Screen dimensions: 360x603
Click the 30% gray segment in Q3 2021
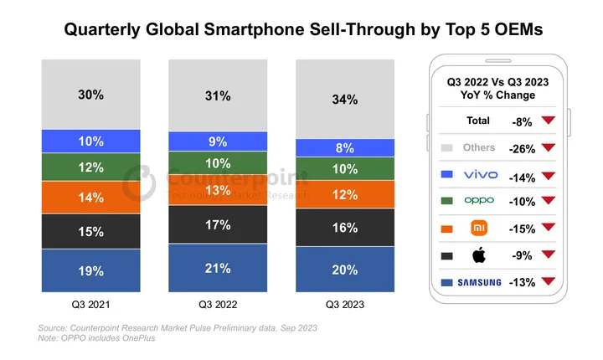(x=91, y=95)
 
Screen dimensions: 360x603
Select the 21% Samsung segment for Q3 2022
(x=218, y=267)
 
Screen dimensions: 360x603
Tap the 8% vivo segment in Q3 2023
(x=344, y=147)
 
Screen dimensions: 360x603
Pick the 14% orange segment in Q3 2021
(x=91, y=198)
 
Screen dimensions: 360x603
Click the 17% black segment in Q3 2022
(x=218, y=224)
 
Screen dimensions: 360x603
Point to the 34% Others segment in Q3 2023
(x=344, y=100)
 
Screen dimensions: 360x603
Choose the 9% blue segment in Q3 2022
(x=218, y=141)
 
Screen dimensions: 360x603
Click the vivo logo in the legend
(x=481, y=175)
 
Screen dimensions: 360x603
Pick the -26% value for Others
(x=523, y=148)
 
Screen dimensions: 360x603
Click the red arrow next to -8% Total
(x=548, y=121)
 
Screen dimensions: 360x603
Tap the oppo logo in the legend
(x=481, y=202)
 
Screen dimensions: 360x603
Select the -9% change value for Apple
(x=523, y=255)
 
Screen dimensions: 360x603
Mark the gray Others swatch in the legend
(x=446, y=148)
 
